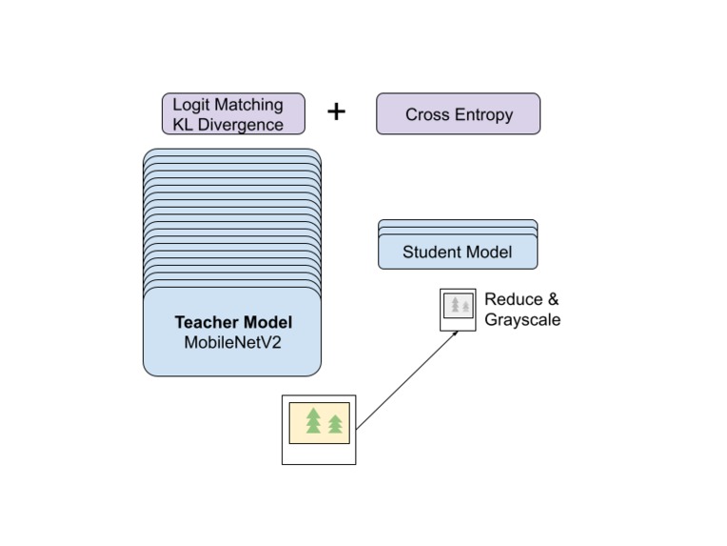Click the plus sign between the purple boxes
pyautogui.click(x=336, y=111)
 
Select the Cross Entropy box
pyautogui.click(x=458, y=114)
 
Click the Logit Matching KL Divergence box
pyautogui.click(x=233, y=113)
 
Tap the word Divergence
pyautogui.click(x=245, y=124)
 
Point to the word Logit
pyautogui.click(x=190, y=105)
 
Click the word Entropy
pyautogui.click(x=482, y=115)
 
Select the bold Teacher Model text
pyautogui.click(x=232, y=322)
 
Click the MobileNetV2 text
pyautogui.click(x=232, y=341)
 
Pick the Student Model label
pyautogui.click(x=457, y=253)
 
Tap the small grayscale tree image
pyautogui.click(x=458, y=306)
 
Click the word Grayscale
pyautogui.click(x=521, y=320)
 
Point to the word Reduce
pyautogui.click(x=514, y=299)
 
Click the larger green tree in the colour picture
pyautogui.click(x=313, y=420)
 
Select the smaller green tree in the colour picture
pyautogui.click(x=335, y=423)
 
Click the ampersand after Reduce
pyautogui.click(x=553, y=299)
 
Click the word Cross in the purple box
pyautogui.click(x=426, y=115)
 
